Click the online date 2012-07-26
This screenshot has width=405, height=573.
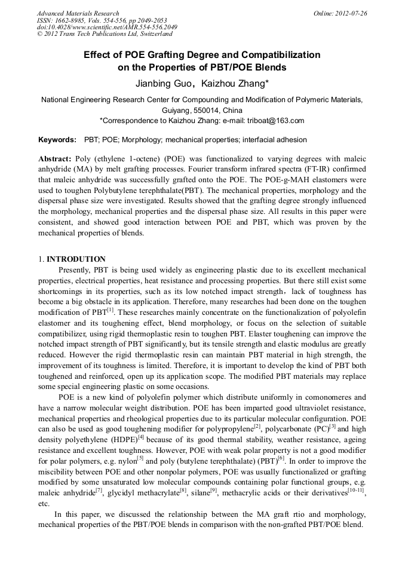click(352, 13)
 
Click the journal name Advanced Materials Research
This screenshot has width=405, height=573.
click(78, 13)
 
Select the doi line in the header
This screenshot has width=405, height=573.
click(107, 27)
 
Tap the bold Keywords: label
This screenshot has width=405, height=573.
click(57, 140)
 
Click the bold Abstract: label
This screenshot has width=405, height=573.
click(55, 160)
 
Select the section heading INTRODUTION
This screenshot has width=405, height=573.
click(76, 259)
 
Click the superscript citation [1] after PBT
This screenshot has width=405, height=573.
click(111, 309)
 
